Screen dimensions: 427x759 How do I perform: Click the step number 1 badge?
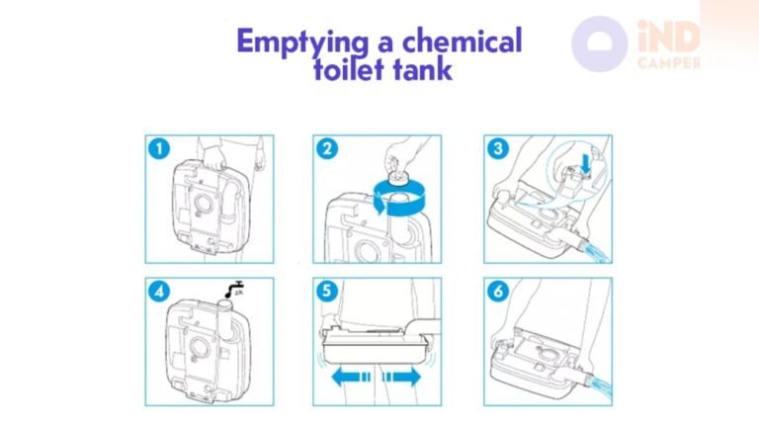click(x=160, y=149)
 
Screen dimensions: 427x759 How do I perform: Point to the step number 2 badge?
click(x=328, y=149)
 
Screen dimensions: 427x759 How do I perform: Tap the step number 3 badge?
click(x=498, y=149)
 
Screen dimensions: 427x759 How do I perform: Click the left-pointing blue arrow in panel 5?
click(x=349, y=377)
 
